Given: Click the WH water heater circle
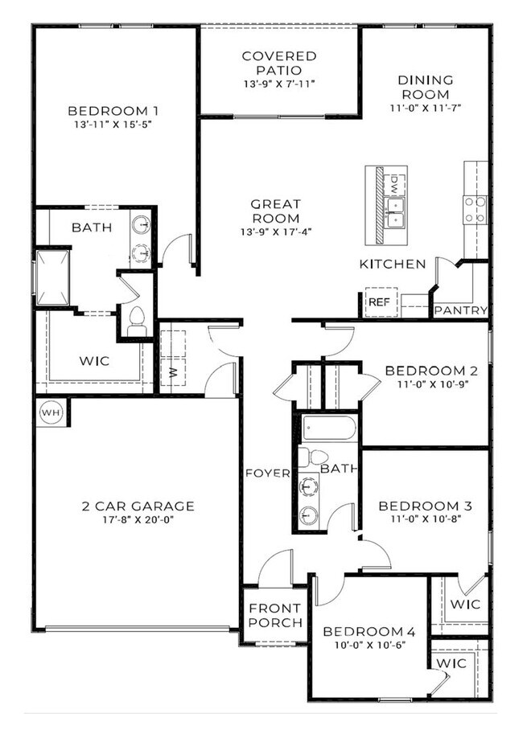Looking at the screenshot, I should (x=51, y=413).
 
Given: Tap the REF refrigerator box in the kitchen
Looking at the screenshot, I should (x=377, y=303).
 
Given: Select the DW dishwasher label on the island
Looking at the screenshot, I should (x=395, y=185).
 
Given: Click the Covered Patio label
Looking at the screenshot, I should (x=279, y=64).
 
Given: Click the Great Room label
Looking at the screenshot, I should (x=275, y=211).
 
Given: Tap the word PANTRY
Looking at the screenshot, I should (x=460, y=310).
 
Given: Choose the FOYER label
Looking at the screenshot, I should (x=266, y=473).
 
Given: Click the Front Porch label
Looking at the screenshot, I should (x=275, y=615).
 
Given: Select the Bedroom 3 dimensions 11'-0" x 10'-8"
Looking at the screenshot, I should (x=425, y=519).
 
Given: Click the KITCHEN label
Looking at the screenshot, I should (x=393, y=264).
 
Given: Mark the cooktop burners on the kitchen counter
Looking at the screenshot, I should (x=475, y=208).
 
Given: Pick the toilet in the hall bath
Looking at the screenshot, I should (x=306, y=457).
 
